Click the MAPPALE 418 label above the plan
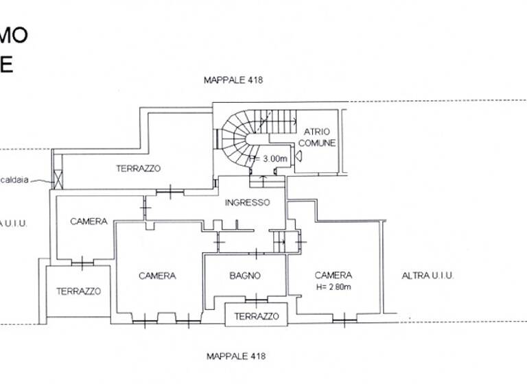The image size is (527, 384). (x=233, y=80)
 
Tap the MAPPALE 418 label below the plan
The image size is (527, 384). (x=236, y=356)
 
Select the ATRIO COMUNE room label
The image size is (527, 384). (x=316, y=138)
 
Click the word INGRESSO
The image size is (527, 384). (x=248, y=203)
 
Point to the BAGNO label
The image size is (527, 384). (x=245, y=276)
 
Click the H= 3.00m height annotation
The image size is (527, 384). (x=268, y=159)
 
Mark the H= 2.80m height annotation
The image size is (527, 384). (x=333, y=287)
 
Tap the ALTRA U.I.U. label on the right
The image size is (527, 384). (x=428, y=276)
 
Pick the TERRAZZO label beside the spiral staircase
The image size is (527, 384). (x=138, y=168)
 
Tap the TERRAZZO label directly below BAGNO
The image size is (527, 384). (x=256, y=316)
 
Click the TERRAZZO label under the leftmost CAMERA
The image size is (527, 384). (x=78, y=291)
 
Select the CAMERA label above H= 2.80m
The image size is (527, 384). (x=333, y=276)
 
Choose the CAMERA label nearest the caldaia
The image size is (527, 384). (x=89, y=221)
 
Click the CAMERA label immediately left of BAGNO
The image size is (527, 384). (x=157, y=276)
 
